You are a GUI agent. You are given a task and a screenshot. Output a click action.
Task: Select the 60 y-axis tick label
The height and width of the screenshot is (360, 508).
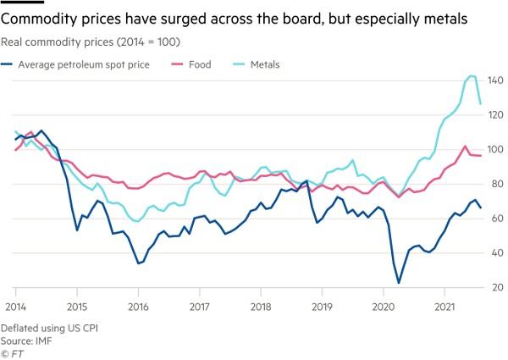point(494,219)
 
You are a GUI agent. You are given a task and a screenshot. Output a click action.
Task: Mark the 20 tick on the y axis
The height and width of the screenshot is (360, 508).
point(494,288)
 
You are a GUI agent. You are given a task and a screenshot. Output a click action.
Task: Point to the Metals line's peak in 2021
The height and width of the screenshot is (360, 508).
point(472,76)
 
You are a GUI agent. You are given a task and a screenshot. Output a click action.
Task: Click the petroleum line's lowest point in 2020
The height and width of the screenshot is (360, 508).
point(399,283)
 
